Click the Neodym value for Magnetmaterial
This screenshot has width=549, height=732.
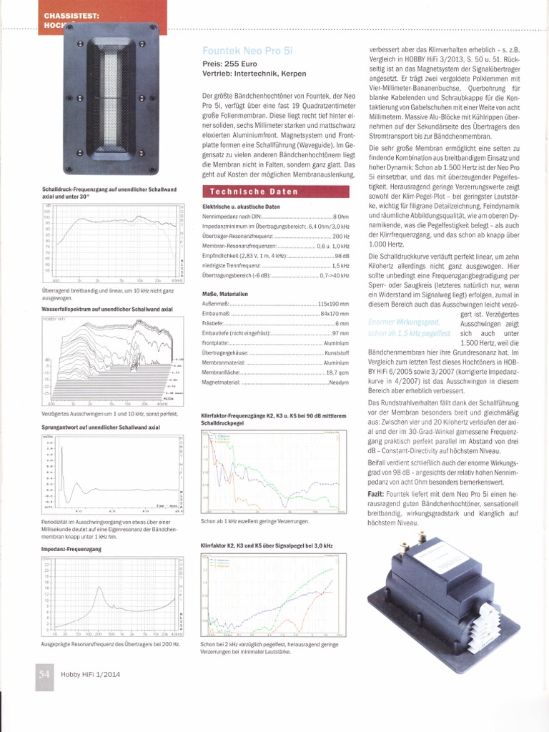point(338,382)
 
